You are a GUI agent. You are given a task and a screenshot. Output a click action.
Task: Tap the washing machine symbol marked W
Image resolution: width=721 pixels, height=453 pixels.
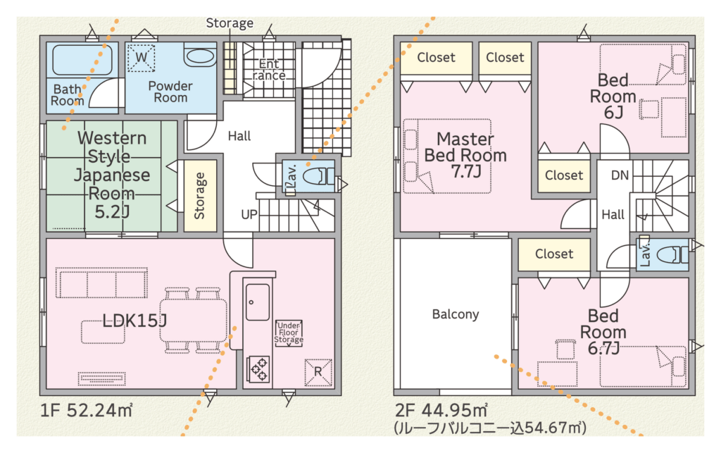[x=141, y=58]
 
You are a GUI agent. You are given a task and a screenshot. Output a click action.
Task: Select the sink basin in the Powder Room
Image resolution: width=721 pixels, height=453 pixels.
[x=200, y=56]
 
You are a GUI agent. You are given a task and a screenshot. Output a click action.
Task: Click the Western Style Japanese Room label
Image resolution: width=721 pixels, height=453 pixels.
[x=112, y=175]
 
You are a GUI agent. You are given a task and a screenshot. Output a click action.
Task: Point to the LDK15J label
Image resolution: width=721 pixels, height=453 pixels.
[x=134, y=321]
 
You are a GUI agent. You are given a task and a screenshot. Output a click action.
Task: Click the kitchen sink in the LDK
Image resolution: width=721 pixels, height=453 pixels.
[x=258, y=302]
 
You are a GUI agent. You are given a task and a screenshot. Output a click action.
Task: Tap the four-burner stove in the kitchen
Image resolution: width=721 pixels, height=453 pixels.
[x=258, y=369]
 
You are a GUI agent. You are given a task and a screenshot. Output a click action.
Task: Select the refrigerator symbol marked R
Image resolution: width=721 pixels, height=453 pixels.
[x=318, y=372]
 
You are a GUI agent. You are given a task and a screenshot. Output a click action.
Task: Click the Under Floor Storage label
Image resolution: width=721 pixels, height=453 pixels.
[x=289, y=333]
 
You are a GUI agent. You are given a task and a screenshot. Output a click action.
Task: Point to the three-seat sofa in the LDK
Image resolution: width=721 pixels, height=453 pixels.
[x=101, y=283]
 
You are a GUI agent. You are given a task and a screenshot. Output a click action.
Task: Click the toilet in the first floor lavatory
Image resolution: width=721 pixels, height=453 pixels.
[x=320, y=176]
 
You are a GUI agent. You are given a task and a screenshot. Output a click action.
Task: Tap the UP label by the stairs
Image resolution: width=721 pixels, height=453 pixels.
[x=249, y=214]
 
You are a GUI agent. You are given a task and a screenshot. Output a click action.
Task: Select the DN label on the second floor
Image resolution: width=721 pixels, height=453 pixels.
[x=620, y=175]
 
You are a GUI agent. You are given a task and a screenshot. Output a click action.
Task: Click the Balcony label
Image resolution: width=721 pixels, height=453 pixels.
[x=456, y=315]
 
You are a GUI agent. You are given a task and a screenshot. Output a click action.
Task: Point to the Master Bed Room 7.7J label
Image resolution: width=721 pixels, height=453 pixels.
[x=465, y=155]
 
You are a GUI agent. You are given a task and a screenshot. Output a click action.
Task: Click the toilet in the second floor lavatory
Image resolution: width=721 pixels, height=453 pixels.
[x=672, y=254]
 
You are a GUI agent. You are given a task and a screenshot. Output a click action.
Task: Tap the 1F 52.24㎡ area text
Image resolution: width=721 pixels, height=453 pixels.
[x=87, y=410]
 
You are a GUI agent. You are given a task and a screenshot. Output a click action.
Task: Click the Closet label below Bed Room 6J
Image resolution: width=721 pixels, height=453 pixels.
[x=564, y=175]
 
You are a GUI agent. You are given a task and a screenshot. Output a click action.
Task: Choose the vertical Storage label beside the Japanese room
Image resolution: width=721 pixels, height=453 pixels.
[x=199, y=196]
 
